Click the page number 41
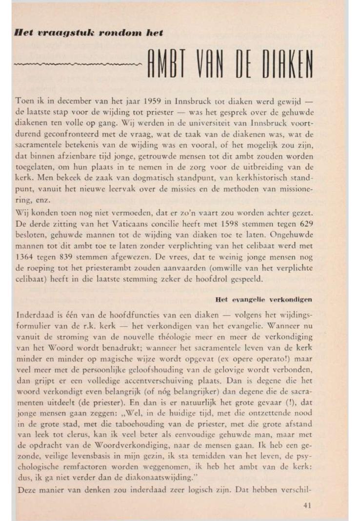tap(307, 505)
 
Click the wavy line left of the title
tap(78, 64)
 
